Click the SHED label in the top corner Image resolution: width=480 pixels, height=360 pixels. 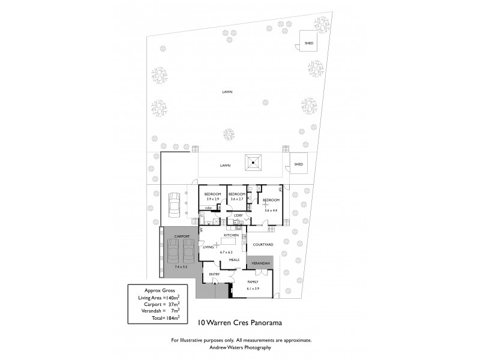pos(309,43)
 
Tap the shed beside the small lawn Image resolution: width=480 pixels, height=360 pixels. pos(298,164)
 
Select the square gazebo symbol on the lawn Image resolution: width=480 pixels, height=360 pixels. pos(254,162)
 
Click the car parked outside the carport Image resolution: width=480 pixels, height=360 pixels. pos(175,205)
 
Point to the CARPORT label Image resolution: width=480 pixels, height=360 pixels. pos(182,237)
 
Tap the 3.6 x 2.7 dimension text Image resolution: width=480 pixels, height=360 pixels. pos(238,199)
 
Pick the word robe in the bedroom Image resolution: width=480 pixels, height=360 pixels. pos(208,208)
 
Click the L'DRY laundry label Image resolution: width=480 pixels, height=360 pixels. pos(238,215)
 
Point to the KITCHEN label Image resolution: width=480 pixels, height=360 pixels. pos(232,236)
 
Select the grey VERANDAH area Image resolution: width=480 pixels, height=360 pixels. pos(260,263)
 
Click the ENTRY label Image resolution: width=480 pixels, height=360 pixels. pos(214,274)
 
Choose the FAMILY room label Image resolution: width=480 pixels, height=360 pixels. pos(253,281)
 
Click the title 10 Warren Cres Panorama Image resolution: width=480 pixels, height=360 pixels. pos(240,322)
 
